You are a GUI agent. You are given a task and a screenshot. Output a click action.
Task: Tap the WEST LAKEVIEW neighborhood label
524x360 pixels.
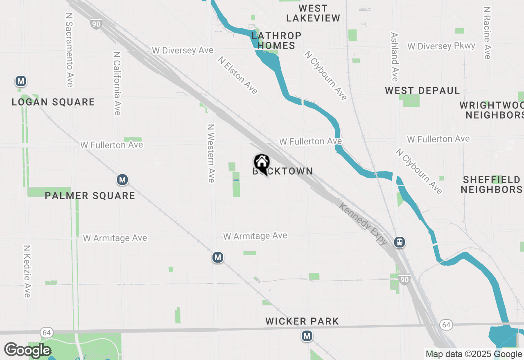tap(313, 13)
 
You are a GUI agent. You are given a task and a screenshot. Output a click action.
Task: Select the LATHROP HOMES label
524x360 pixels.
tap(277, 40)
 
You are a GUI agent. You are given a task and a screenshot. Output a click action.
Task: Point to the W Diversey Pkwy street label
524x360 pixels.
tap(441, 46)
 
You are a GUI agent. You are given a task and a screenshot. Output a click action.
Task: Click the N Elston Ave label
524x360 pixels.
tap(238, 75)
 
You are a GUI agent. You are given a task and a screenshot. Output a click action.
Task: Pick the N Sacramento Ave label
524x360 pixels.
tap(69, 49)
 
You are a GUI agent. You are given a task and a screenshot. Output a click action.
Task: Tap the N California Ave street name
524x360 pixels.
tap(117, 83)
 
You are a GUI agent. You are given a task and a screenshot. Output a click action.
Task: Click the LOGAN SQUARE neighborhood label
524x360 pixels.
tap(53, 102)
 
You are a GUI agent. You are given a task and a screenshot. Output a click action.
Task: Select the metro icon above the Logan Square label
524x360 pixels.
tap(20, 81)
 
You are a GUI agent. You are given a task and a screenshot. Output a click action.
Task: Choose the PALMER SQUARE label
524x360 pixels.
tap(90, 196)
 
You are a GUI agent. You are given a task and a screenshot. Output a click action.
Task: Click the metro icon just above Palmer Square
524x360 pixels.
tap(122, 179)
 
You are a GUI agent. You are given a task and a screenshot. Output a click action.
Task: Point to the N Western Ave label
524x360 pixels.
tap(211, 153)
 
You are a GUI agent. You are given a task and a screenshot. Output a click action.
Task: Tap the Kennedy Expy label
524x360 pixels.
tap(363, 223)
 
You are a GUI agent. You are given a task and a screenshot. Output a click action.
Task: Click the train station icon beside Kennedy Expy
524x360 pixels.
tap(400, 242)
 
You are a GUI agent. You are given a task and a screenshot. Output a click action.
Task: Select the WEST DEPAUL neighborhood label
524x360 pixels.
tap(422, 90)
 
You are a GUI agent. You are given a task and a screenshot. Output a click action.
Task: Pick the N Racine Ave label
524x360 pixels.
tap(487, 33)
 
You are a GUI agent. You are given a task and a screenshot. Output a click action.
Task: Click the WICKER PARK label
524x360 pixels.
tap(302, 321)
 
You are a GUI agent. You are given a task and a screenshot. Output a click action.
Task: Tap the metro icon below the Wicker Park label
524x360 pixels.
tap(307, 336)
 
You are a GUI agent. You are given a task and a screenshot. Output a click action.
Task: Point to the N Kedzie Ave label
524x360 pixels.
tap(27, 272)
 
